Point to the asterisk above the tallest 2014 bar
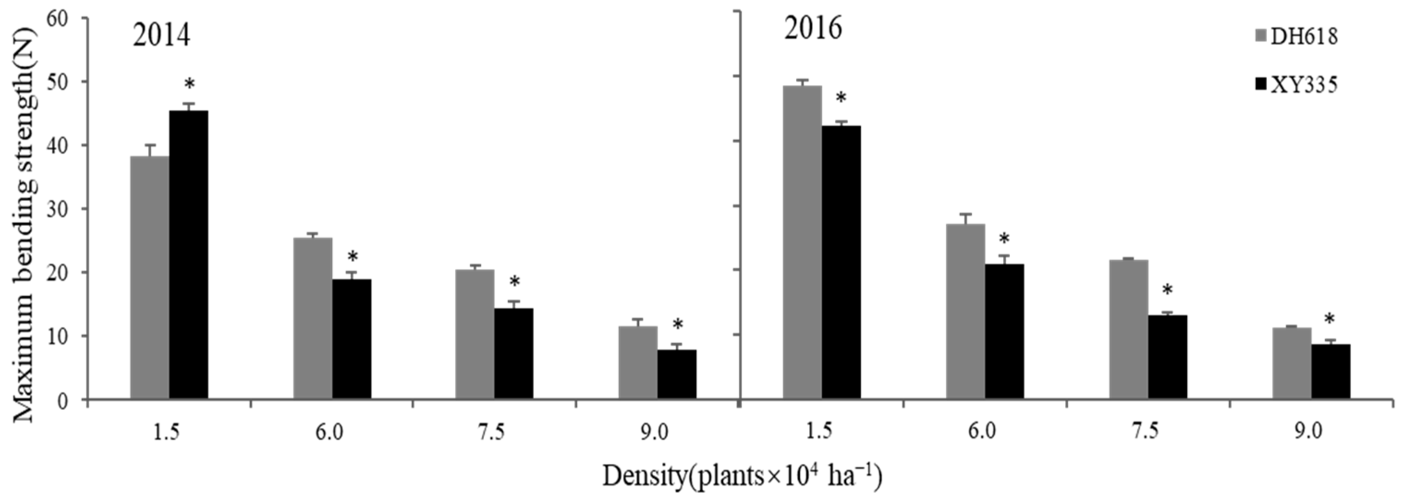tap(189, 85)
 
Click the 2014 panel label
tap(161, 36)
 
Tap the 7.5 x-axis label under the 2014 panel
tap(494, 432)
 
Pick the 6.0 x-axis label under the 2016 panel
tap(983, 432)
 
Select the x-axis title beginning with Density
tap(742, 475)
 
